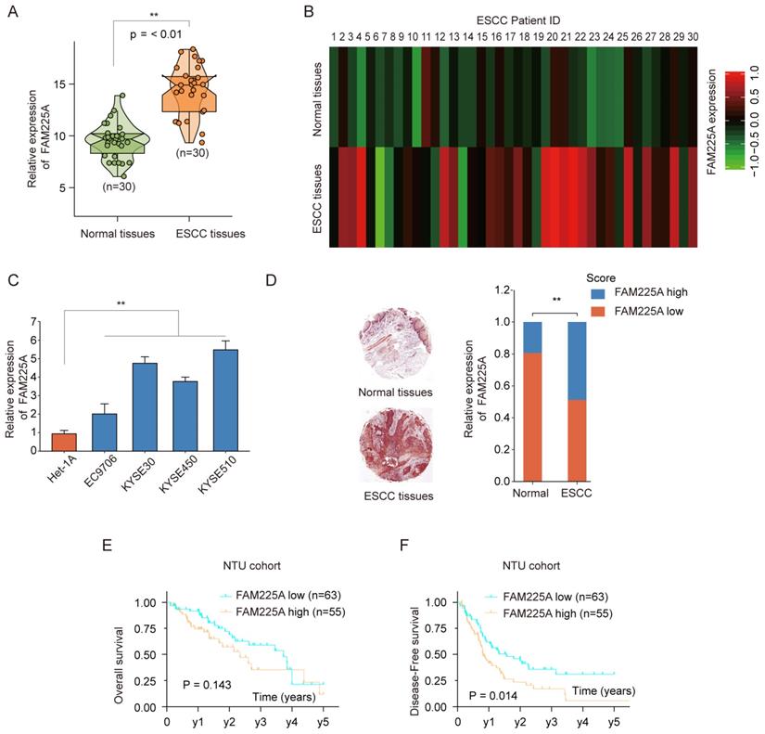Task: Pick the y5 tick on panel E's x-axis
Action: pyautogui.click(x=323, y=722)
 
